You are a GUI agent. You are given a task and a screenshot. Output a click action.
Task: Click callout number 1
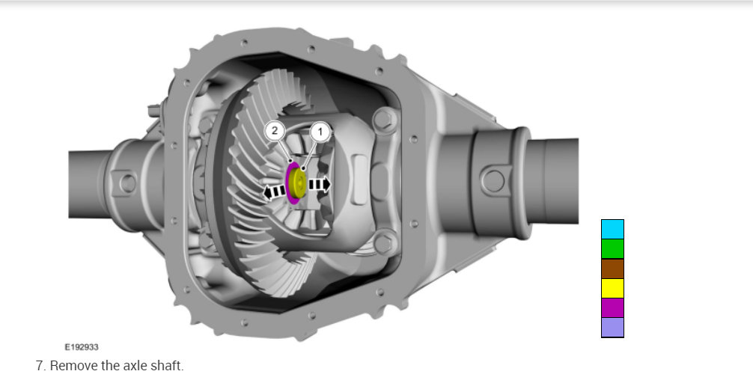click(x=320, y=131)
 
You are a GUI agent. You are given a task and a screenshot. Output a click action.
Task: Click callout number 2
click(x=275, y=130)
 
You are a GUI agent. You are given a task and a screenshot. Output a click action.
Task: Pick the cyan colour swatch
click(x=612, y=229)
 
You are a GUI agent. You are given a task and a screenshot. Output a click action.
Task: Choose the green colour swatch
click(x=612, y=248)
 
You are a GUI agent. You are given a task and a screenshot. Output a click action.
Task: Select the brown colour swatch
click(x=612, y=269)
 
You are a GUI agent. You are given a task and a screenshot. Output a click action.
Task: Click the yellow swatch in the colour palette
click(x=612, y=288)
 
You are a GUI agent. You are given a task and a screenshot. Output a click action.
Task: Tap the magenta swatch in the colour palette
click(x=612, y=307)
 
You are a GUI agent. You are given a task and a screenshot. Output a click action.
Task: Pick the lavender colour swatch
click(x=612, y=327)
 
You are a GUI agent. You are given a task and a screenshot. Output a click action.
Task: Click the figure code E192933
click(x=82, y=347)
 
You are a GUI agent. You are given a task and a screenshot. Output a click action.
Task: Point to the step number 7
click(x=39, y=366)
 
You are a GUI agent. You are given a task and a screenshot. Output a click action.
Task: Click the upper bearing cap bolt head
click(x=385, y=118)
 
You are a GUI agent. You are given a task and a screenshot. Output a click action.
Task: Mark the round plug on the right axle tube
click(x=492, y=180)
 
